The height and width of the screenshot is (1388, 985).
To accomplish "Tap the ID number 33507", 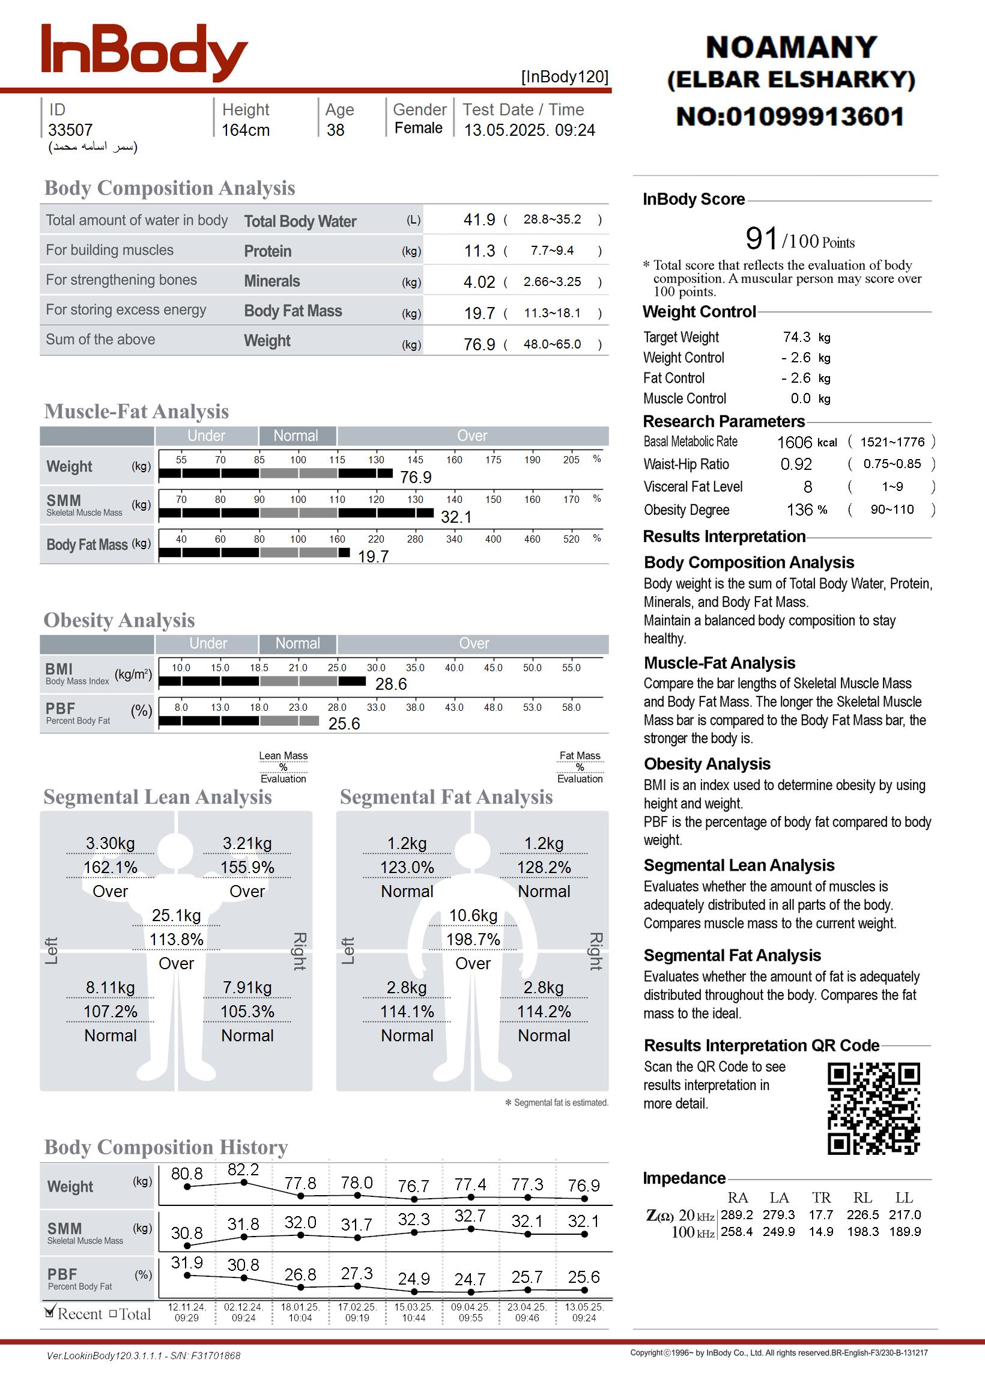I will pyautogui.click(x=70, y=130).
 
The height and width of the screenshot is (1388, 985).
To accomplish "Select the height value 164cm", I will pyautogui.click(x=245, y=130).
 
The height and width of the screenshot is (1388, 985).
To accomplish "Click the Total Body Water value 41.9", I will pyautogui.click(x=479, y=219).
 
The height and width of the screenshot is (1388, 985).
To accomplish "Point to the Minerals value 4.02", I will pyautogui.click(x=479, y=282).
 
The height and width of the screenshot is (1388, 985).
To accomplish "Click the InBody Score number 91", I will pyautogui.click(x=761, y=239).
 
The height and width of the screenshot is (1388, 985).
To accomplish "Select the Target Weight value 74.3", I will pyautogui.click(x=796, y=337).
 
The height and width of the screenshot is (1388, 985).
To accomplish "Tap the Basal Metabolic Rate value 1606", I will pyautogui.click(x=794, y=442).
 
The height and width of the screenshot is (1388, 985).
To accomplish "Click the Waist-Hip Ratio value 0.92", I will pyautogui.click(x=796, y=464).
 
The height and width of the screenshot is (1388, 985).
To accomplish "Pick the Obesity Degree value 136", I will pyautogui.click(x=799, y=510).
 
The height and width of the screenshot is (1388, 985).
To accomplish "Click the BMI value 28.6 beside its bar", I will pyautogui.click(x=390, y=684).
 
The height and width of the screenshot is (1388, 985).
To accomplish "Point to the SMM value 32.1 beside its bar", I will pyautogui.click(x=455, y=517).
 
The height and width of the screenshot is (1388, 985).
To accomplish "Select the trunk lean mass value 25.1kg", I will pyautogui.click(x=176, y=916).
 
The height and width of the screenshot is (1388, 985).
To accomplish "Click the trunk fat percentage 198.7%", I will pyautogui.click(x=473, y=940).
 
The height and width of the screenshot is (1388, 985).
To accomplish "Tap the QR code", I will pyautogui.click(x=873, y=1108).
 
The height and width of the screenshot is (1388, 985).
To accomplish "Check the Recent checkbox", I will pyautogui.click(x=50, y=1313).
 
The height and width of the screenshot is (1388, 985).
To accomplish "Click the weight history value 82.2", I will pyautogui.click(x=243, y=1170).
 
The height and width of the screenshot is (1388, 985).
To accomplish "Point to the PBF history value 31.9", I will pyautogui.click(x=187, y=1262).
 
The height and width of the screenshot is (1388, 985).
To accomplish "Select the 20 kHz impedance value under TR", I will pyautogui.click(x=820, y=1215).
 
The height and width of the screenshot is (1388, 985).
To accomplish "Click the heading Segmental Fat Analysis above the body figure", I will pyautogui.click(x=446, y=797).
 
